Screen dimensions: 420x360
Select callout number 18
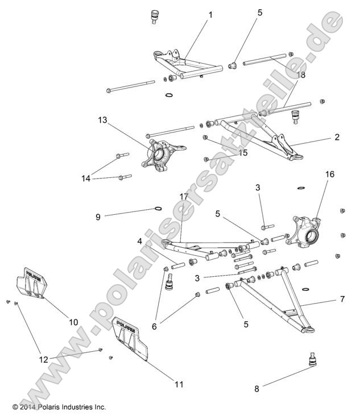pyautogui.click(x=300, y=74)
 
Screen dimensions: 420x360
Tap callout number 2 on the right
pyautogui.click(x=337, y=137)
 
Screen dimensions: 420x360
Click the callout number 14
pyautogui.click(x=85, y=178)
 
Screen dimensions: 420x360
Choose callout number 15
pyautogui.click(x=243, y=153)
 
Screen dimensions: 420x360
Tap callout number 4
pyautogui.click(x=139, y=241)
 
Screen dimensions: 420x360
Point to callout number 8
pyautogui.click(x=256, y=389)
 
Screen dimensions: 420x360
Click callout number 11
pyautogui.click(x=179, y=384)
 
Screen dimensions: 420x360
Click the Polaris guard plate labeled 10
pyautogui.click(x=31, y=282)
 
